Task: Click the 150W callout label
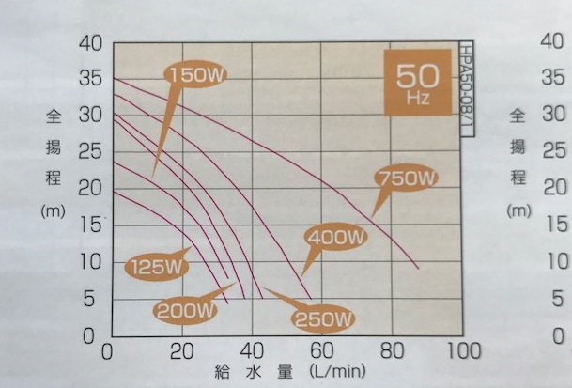pyautogui.click(x=197, y=73)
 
